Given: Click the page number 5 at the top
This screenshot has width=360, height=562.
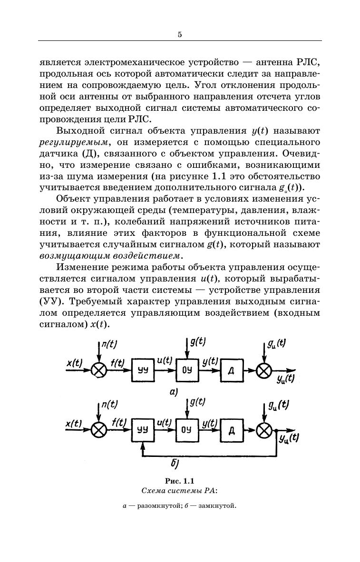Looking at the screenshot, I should pyautogui.click(x=180, y=34).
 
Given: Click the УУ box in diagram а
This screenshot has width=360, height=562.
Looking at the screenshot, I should pyautogui.click(x=143, y=370).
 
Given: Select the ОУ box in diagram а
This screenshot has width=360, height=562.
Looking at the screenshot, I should pyautogui.click(x=187, y=370).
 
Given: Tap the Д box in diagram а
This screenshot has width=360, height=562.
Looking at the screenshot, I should pyautogui.click(x=231, y=370).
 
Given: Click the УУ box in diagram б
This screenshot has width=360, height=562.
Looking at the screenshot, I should pyautogui.click(x=143, y=430).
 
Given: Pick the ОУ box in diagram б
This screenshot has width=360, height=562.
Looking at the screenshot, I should pyautogui.click(x=187, y=430).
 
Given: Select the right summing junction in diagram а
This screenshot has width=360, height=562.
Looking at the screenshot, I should pyautogui.click(x=263, y=370).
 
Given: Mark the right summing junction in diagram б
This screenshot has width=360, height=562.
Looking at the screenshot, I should pyautogui.click(x=263, y=430).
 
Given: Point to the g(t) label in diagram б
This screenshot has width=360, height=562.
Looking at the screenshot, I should pyautogui.click(x=198, y=402).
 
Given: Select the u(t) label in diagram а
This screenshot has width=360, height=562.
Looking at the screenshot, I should pyautogui.click(x=164, y=361).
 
